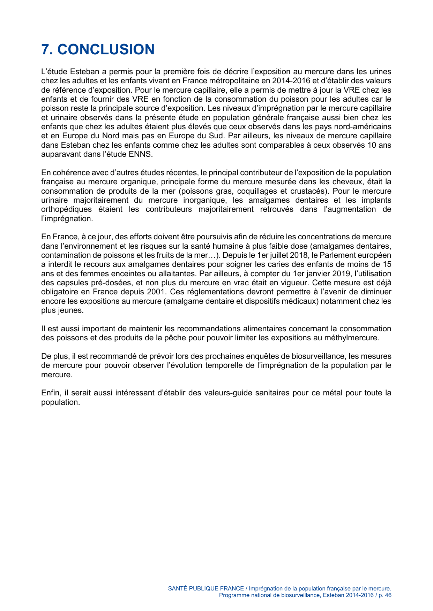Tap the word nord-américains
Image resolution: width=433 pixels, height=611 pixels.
tap(362, 126)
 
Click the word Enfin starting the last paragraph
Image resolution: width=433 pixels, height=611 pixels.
tap(51, 393)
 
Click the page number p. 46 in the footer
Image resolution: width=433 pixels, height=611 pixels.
tap(385, 595)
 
